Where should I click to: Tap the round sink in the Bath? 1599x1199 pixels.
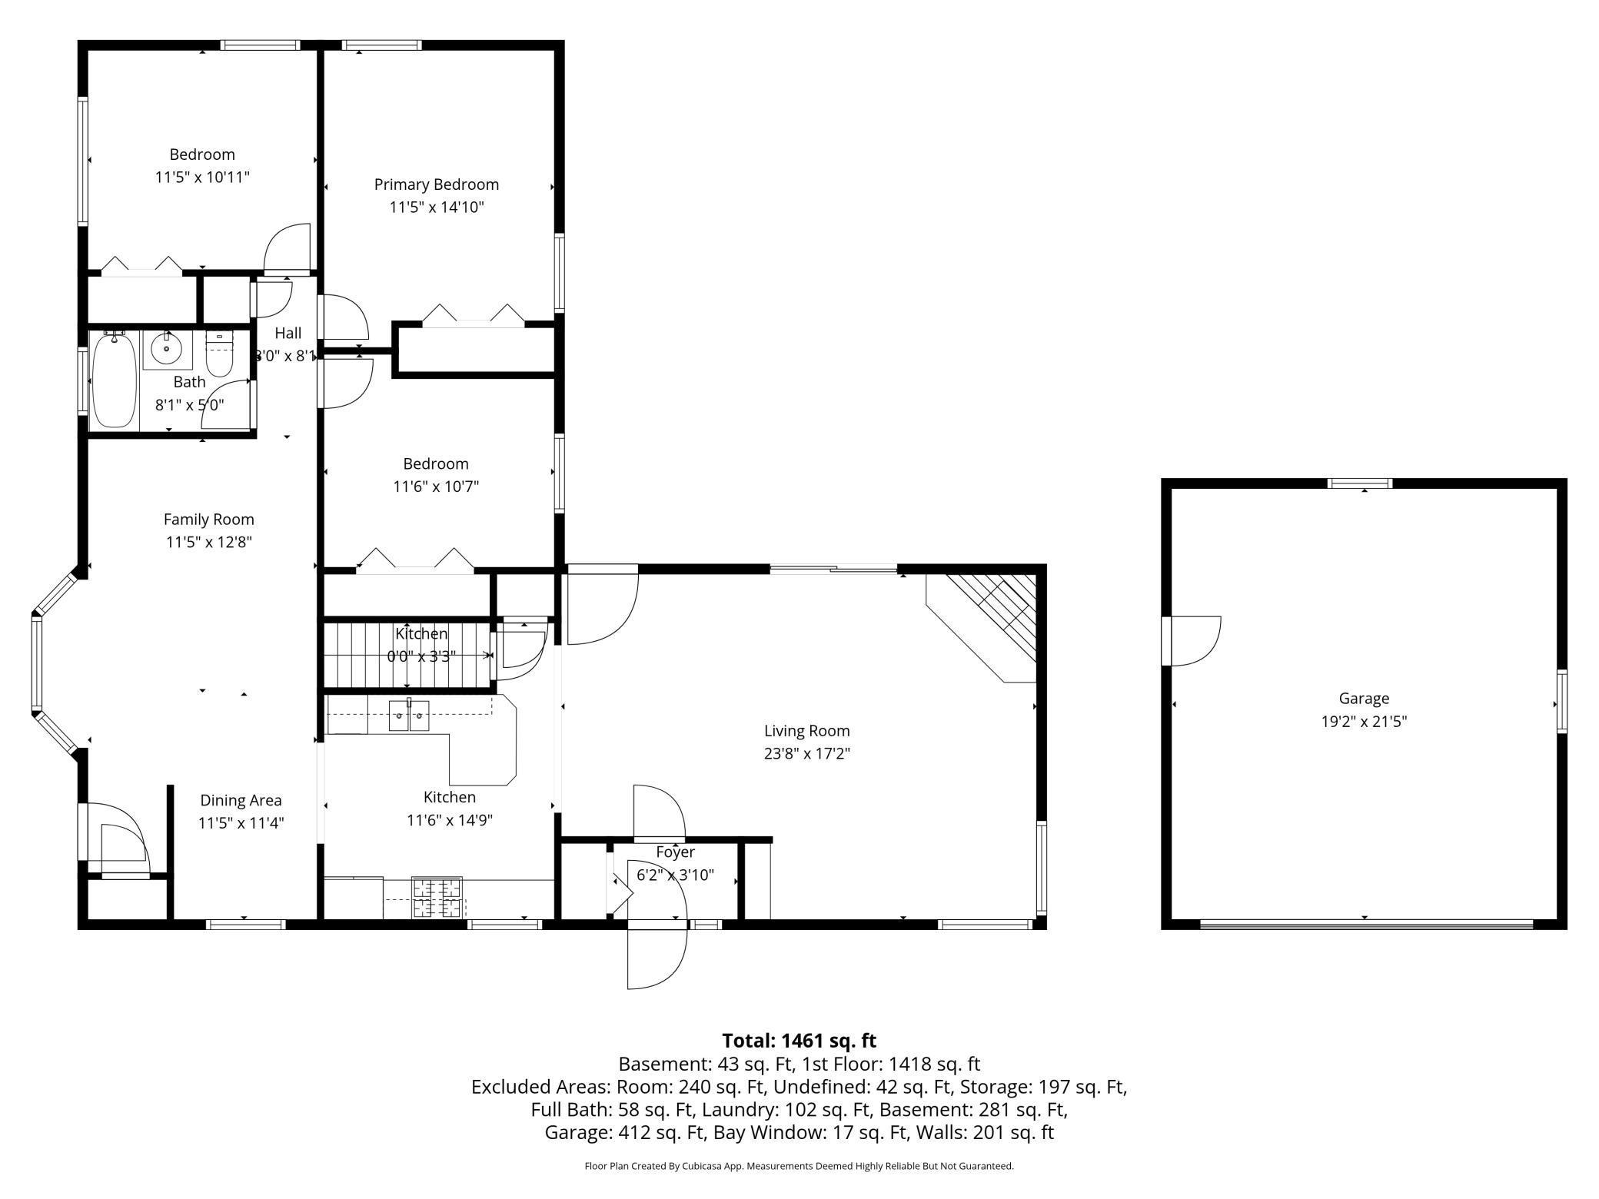(166, 350)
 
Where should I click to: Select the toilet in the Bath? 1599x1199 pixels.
(220, 354)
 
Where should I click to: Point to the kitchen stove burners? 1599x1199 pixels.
(437, 898)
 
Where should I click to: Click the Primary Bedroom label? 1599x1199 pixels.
(437, 184)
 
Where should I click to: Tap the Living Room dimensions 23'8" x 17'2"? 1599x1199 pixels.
(807, 753)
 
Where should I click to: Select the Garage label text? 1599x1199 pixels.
(1364, 699)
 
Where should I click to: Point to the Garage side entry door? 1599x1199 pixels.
(1192, 641)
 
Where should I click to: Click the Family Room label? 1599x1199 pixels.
(209, 520)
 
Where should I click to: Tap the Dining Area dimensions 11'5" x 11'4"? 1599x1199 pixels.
(241, 823)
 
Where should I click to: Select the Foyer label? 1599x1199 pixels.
(676, 852)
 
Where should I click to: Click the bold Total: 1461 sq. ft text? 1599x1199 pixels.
(799, 1041)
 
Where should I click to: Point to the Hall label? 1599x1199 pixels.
(288, 333)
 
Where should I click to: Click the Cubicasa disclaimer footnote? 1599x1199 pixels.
(799, 1166)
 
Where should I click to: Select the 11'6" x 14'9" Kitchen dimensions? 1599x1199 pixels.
(450, 820)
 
